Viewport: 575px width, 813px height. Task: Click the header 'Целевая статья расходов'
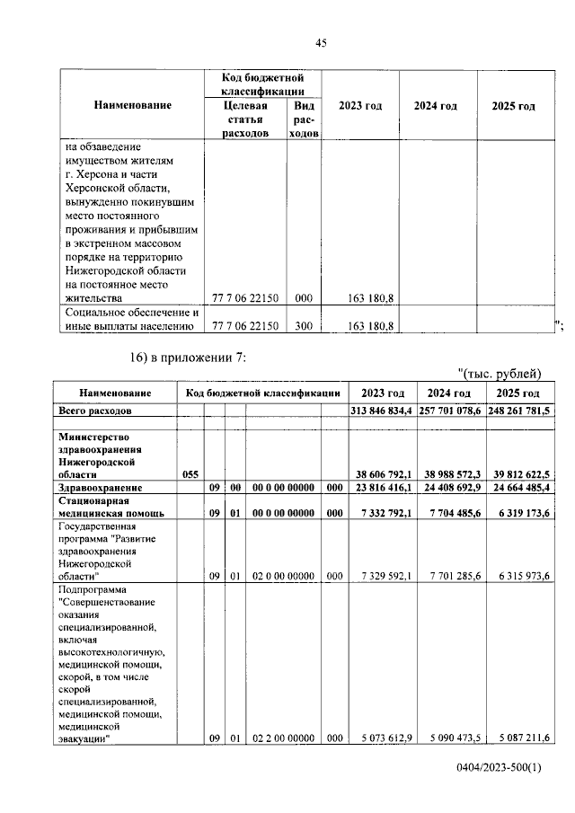245,119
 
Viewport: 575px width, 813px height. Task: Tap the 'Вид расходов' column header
304,119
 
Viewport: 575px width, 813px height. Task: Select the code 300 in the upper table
304,326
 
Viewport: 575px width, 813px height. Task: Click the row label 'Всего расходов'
94,410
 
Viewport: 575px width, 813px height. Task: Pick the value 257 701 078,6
450,410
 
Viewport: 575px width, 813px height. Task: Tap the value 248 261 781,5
520,410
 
